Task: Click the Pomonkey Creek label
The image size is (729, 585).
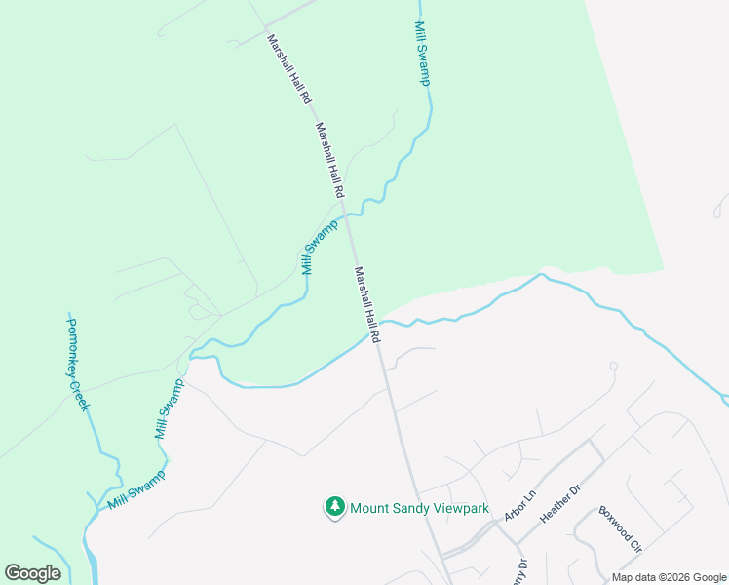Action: (77, 364)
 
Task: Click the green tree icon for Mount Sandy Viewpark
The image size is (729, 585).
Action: (335, 507)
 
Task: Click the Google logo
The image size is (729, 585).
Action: (33, 573)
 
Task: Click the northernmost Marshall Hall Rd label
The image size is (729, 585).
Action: (288, 70)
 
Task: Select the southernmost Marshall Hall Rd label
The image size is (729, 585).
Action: (366, 303)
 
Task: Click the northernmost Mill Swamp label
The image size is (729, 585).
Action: (421, 54)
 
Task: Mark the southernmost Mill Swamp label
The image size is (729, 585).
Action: (135, 490)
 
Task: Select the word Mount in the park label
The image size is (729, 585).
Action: (370, 508)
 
